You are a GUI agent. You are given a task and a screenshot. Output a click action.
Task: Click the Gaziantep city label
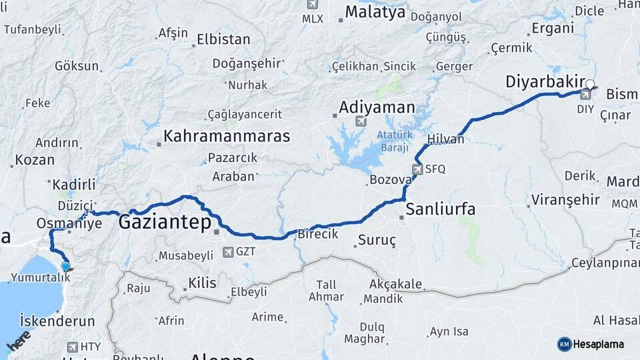click(164, 223)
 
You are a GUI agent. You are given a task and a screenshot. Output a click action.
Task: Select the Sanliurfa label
click(441, 209)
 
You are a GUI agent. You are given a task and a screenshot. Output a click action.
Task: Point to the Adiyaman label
click(377, 107)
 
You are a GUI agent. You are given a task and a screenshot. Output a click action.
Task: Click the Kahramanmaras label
click(227, 136)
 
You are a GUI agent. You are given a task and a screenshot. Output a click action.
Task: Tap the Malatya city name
click(375, 12)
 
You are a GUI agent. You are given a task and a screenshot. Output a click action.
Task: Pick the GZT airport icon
click(229, 252)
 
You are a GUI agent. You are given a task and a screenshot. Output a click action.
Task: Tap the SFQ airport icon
click(417, 169)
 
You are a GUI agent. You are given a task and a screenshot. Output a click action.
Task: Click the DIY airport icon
click(585, 94)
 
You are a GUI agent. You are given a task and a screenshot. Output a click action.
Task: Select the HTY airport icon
click(72, 347)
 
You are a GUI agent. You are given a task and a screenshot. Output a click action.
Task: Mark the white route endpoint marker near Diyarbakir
click(590, 85)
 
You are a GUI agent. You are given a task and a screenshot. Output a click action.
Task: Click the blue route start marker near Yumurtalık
click(65, 267)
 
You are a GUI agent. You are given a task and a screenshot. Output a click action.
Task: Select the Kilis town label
click(202, 283)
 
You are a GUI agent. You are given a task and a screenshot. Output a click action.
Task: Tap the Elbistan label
click(223, 39)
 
